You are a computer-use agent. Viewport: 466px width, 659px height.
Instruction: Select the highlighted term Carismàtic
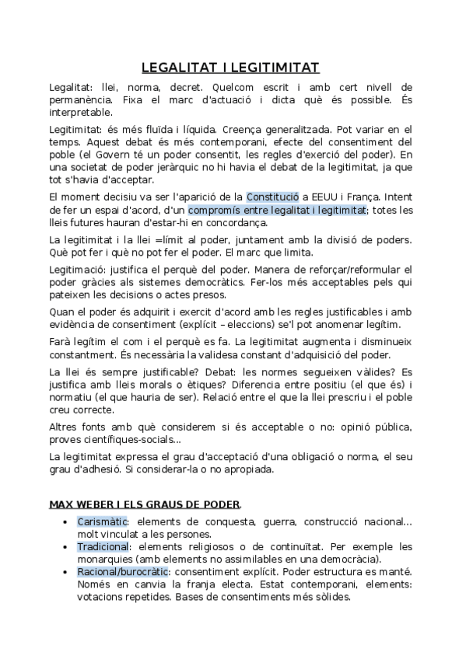click(102, 521)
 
